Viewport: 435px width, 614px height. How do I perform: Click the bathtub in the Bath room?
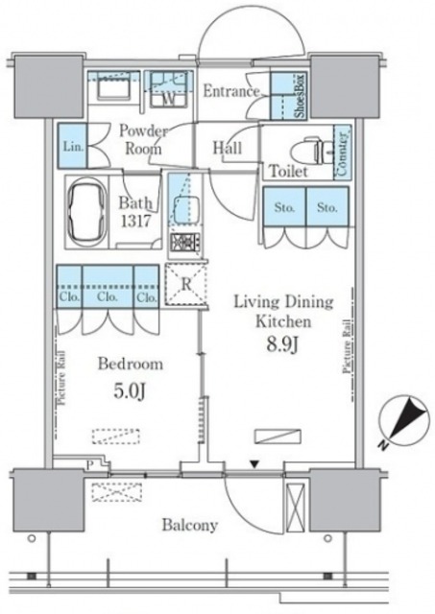(x=87, y=212)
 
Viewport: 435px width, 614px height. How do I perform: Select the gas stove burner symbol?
(x=184, y=242)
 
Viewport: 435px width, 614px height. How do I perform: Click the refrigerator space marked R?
(x=185, y=284)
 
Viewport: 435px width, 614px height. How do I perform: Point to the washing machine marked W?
(x=168, y=89)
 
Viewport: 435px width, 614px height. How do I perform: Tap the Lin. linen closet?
(x=73, y=147)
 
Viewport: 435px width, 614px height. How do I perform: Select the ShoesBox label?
(x=301, y=96)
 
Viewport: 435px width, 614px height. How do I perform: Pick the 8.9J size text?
(x=283, y=344)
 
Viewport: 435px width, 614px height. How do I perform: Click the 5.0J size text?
(x=130, y=390)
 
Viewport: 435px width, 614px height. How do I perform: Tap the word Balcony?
(x=190, y=525)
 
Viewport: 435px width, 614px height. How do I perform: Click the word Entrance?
(x=231, y=91)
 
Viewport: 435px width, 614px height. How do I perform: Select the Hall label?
(x=228, y=148)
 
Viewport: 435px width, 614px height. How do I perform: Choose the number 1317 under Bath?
(x=135, y=222)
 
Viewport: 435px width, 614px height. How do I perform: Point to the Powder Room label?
(x=143, y=139)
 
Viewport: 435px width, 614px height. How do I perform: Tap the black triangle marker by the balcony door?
(x=254, y=464)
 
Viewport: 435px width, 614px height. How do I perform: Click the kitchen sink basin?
(x=186, y=209)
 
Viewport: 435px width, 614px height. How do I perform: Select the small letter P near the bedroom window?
(x=89, y=465)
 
